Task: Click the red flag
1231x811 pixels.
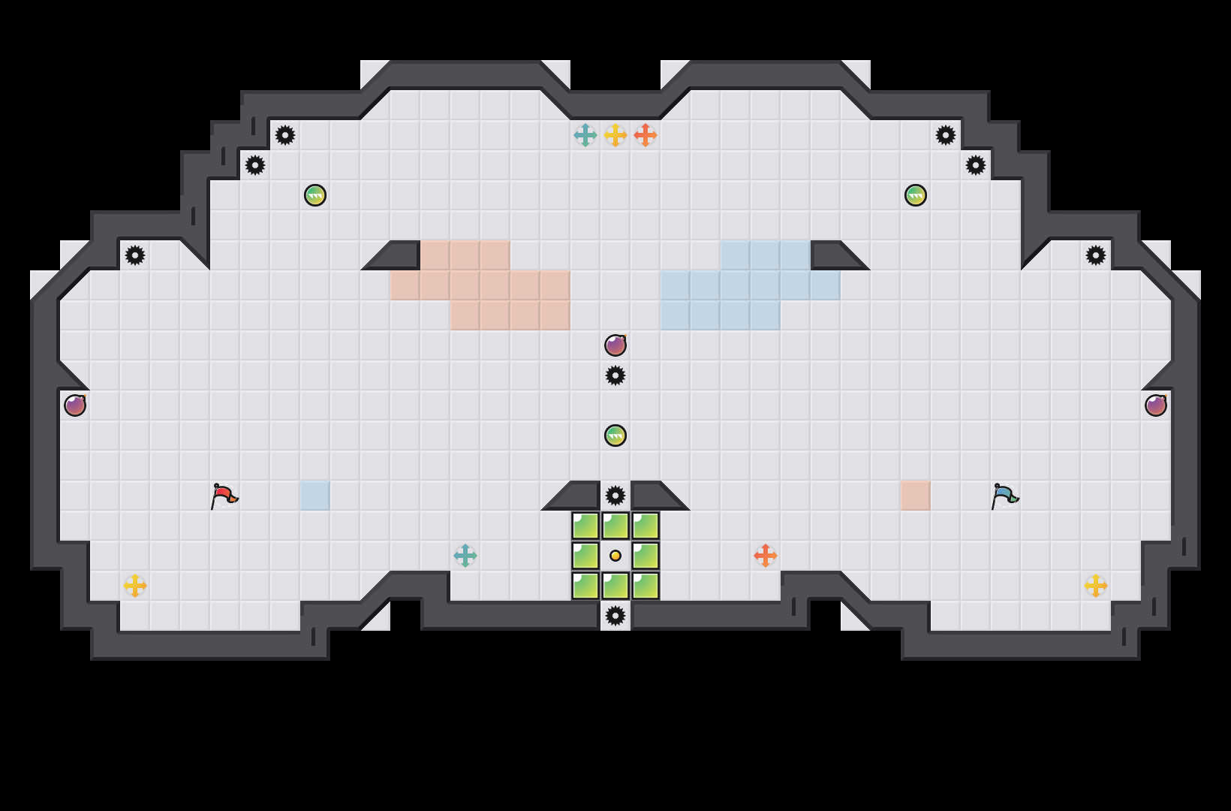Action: coord(224,496)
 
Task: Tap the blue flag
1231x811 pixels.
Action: coord(1004,496)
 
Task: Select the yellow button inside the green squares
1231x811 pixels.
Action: coord(615,556)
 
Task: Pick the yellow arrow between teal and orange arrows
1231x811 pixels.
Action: coord(615,135)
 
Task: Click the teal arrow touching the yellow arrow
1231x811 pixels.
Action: coord(585,135)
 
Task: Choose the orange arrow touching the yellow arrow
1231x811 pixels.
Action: coord(646,135)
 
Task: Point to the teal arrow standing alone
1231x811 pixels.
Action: coord(465,556)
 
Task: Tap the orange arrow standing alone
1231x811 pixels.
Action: coord(766,556)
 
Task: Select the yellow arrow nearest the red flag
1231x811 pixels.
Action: coord(135,586)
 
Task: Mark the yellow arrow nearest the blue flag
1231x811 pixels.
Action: coord(1096,586)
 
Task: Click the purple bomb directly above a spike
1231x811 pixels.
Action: coord(615,345)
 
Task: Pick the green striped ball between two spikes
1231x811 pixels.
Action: coord(615,436)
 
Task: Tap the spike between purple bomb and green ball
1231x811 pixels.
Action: coord(615,375)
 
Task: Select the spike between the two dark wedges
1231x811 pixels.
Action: coord(615,496)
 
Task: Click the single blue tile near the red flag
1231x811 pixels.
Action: coord(315,496)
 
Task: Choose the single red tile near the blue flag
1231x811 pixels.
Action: coord(916,496)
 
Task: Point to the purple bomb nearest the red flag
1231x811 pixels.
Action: coord(75,405)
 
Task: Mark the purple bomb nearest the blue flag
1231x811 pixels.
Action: coord(1156,405)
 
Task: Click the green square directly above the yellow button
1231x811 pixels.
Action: coord(615,526)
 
